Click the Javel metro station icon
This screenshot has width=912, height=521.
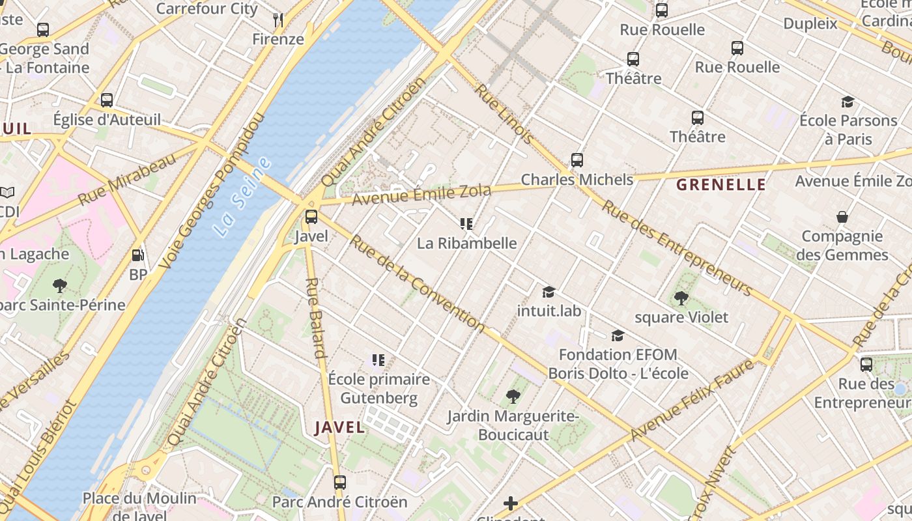311,217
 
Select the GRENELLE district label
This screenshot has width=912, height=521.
720,185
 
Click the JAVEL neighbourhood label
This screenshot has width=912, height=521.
339,427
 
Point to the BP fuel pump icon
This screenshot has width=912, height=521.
137,256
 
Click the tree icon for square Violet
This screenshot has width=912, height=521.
681,298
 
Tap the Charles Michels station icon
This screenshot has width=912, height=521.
577,160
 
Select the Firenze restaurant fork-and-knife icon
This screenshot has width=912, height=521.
278,20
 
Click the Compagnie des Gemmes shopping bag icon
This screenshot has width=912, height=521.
842,217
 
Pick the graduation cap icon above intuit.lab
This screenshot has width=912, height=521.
549,292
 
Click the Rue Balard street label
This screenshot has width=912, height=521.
315,318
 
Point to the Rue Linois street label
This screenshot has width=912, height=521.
504,113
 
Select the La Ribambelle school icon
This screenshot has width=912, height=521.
466,225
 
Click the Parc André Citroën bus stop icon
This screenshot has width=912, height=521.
339,483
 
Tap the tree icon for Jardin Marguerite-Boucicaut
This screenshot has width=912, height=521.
513,396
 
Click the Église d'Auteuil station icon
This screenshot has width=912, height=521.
107,100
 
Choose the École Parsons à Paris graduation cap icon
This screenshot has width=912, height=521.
847,102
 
